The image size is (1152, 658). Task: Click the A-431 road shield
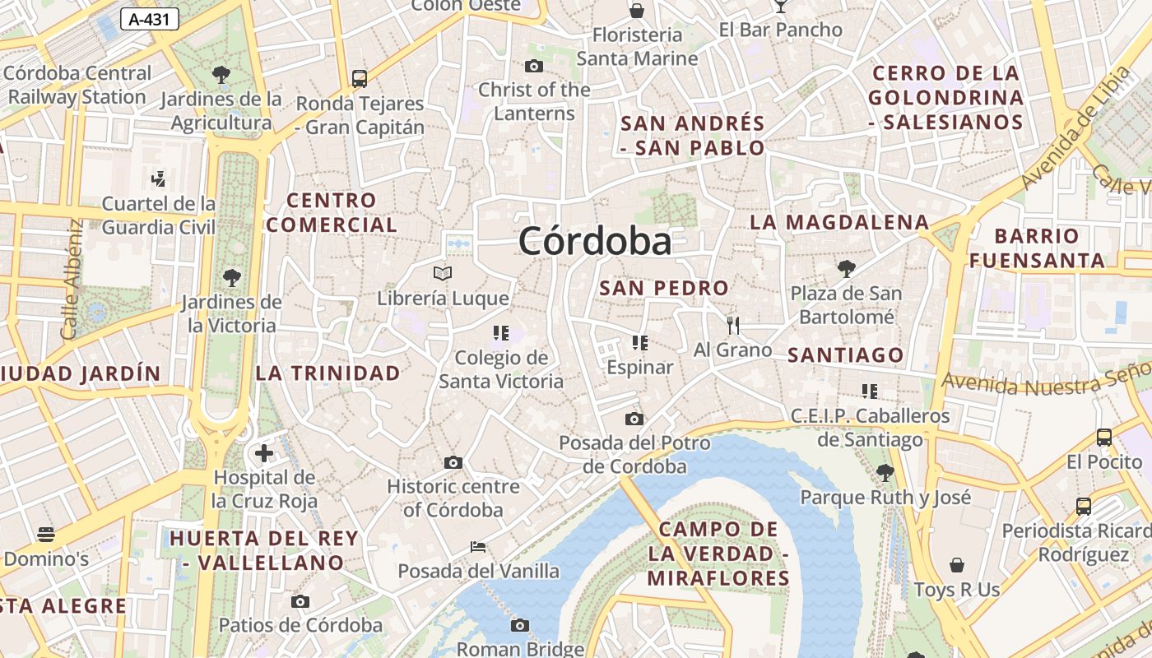(x=150, y=19)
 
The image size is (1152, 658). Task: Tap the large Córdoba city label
(x=595, y=241)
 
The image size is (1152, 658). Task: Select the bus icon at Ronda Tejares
(x=360, y=79)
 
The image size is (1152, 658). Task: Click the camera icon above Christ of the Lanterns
(x=534, y=66)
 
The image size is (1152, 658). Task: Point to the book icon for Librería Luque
(x=443, y=273)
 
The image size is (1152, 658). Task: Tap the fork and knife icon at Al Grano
(x=733, y=325)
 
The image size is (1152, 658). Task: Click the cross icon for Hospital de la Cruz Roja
(x=263, y=453)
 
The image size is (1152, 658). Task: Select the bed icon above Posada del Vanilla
(x=478, y=546)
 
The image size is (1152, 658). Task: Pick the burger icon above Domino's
(x=46, y=535)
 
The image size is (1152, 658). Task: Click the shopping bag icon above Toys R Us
(x=957, y=565)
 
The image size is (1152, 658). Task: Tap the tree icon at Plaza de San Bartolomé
(x=846, y=268)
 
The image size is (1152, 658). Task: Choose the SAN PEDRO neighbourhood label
(x=664, y=288)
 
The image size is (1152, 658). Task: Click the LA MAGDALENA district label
(x=839, y=222)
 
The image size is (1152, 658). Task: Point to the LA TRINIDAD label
(x=327, y=373)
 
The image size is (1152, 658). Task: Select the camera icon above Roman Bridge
(x=519, y=625)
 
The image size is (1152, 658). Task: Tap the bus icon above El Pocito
(x=1104, y=438)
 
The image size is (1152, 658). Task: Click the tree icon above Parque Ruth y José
(x=885, y=472)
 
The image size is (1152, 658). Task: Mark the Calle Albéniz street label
(x=71, y=280)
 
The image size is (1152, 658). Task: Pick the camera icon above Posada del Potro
(x=634, y=419)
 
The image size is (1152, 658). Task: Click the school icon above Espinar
(x=639, y=342)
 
